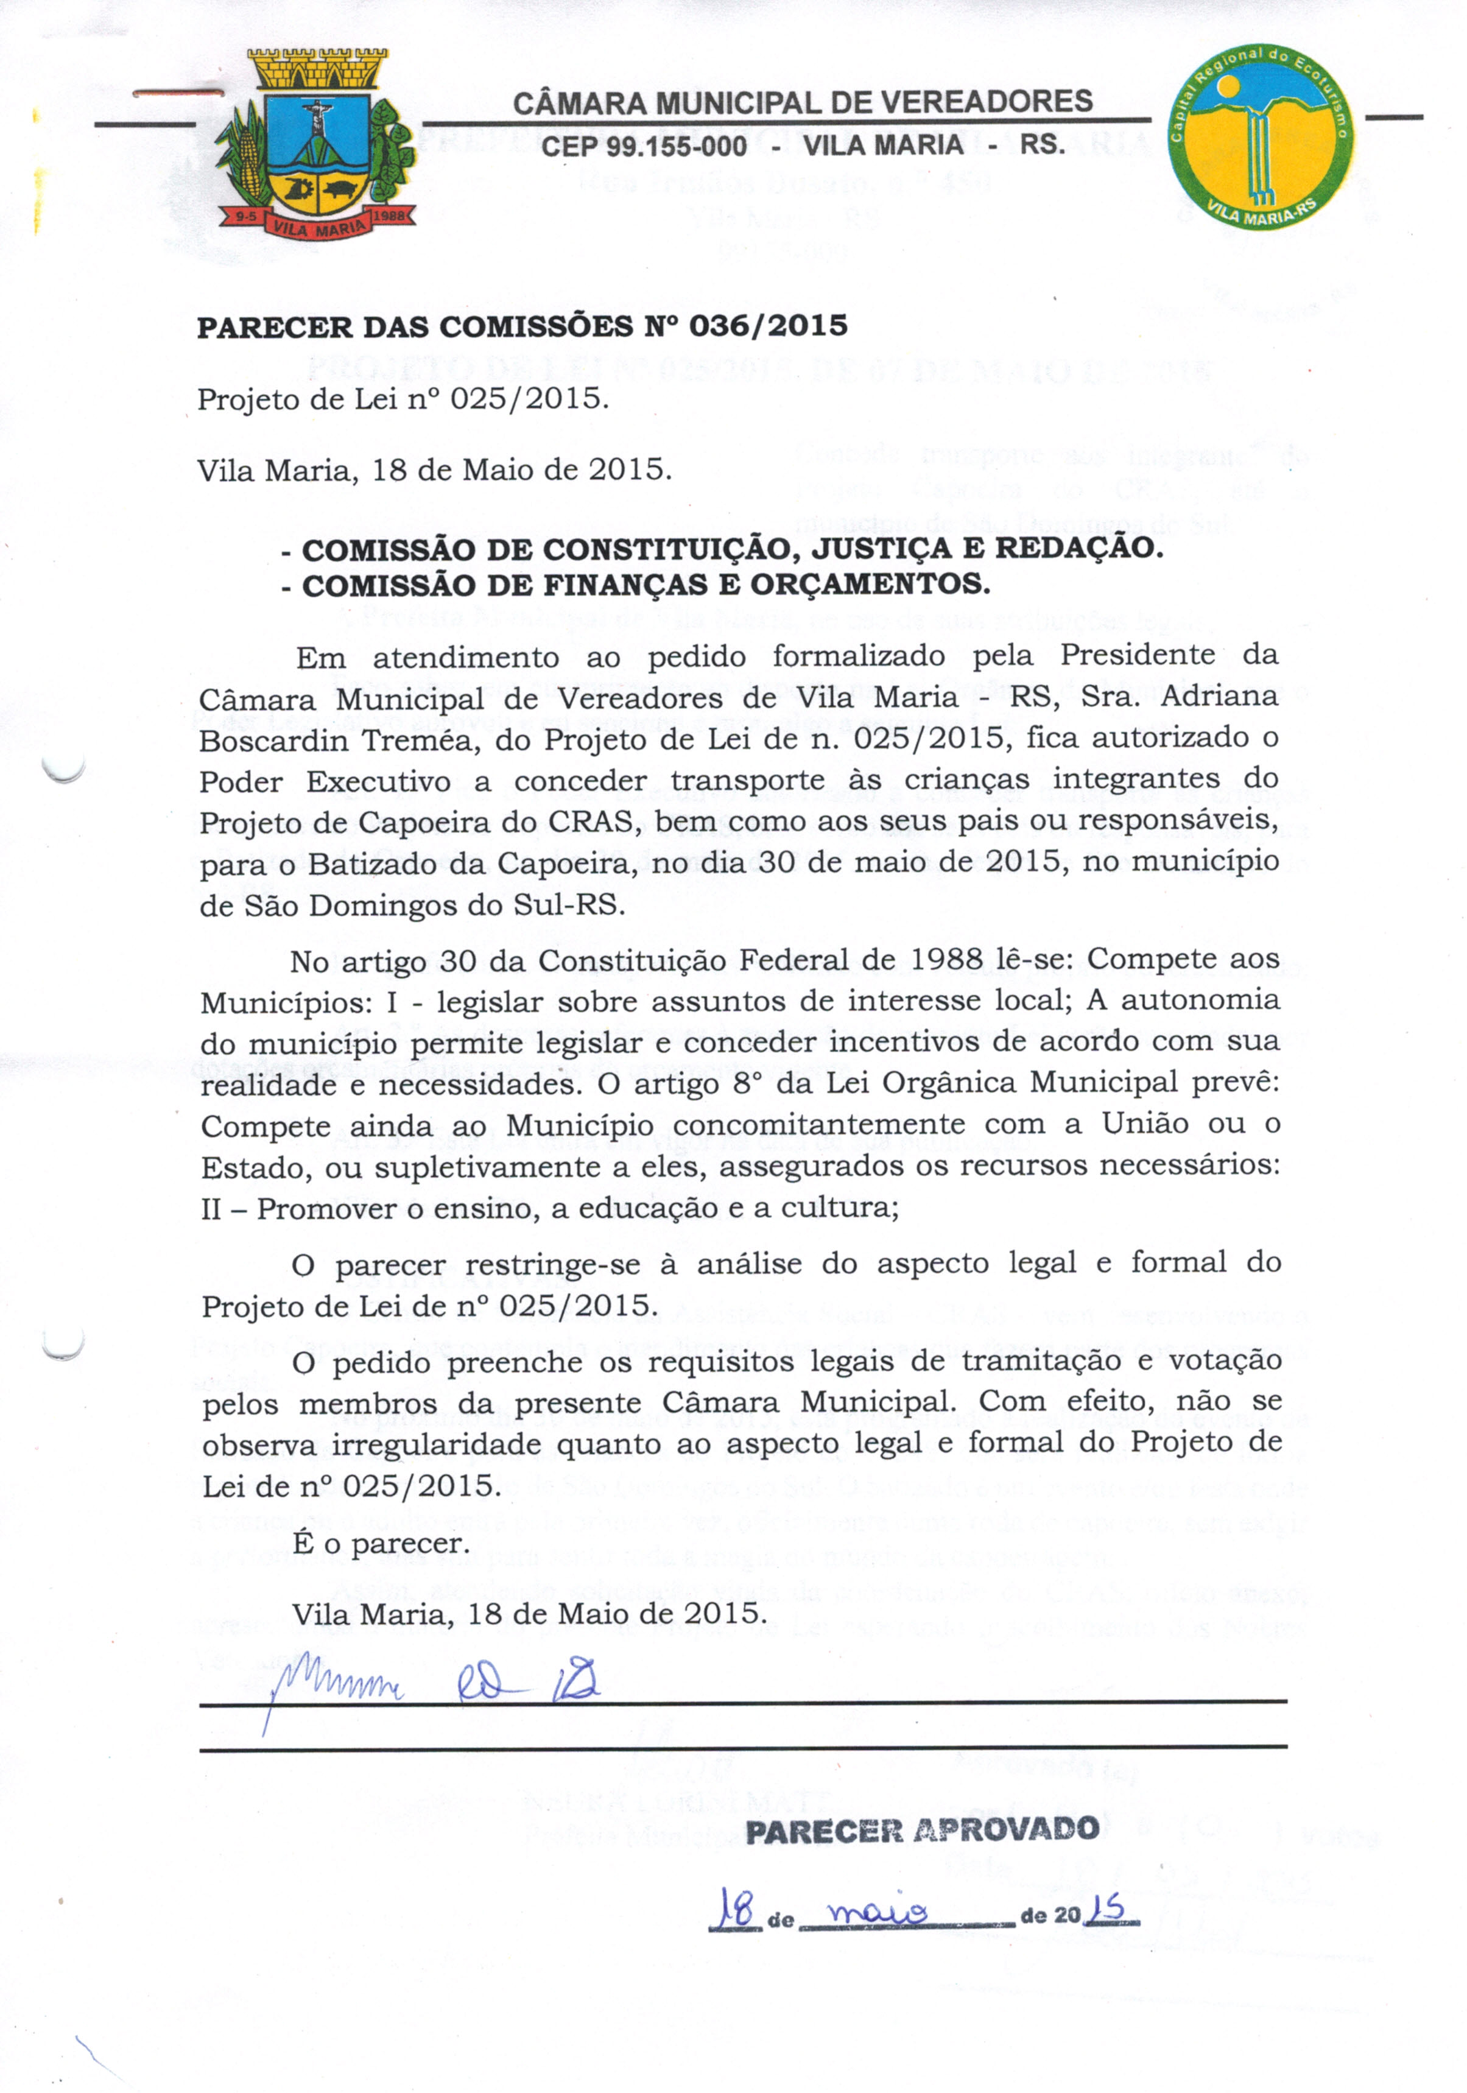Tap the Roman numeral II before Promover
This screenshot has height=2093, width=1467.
pyautogui.click(x=213, y=1209)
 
